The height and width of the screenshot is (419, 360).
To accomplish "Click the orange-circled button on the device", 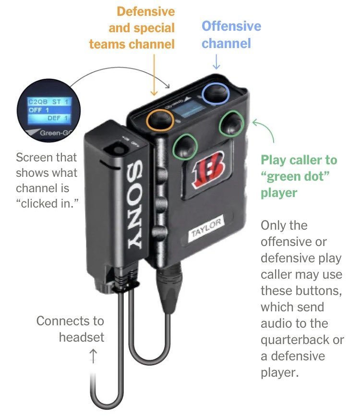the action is pos(160,120).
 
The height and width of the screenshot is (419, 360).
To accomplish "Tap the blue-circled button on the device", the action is pos(216,93).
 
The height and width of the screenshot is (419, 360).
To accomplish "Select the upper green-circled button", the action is pos(231,123).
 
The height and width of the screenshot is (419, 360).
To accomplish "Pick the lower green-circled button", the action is pos(185,146).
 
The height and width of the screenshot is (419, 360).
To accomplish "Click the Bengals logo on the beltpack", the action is pos(208,170).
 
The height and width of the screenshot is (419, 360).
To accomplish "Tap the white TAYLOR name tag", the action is pos(206,229).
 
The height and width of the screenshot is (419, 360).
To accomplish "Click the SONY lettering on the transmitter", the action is pos(136,204).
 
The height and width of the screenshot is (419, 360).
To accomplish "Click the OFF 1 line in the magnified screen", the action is pos(39,110).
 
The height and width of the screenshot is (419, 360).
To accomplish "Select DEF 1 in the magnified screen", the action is pos(58,118).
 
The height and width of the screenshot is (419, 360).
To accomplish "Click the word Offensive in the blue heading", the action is pos(231,26).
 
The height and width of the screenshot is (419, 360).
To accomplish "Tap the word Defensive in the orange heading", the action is pos(146,12).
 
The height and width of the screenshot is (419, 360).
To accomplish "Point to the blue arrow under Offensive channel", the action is pos(216,62).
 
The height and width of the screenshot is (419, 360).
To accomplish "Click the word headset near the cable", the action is pos(82,337).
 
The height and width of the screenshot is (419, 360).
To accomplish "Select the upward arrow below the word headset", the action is pos(93,356).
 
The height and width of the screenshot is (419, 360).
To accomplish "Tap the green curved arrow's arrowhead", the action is pos(256,123).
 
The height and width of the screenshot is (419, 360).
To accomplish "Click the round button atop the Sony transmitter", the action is pos(116,149).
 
